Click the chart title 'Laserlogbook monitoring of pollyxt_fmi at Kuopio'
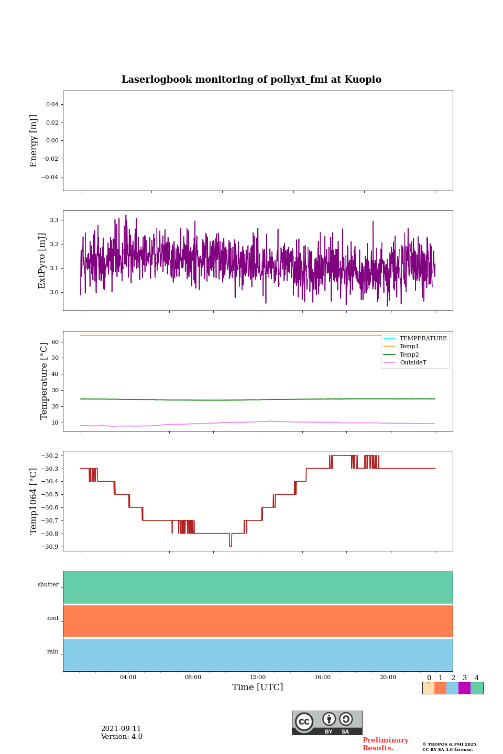coord(251,80)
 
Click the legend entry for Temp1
coord(409,347)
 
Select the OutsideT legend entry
coord(413,362)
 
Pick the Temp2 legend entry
coord(409,354)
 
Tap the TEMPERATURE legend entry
coord(423,339)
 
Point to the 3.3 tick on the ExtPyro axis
coord(54,220)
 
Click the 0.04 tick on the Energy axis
coord(52,105)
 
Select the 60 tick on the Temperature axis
coord(54,342)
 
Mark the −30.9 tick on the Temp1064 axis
coord(50,547)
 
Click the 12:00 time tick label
coord(258,677)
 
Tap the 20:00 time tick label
coord(388,677)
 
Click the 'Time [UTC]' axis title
coord(258,688)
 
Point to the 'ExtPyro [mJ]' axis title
coord(42,261)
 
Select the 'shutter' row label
coord(48,585)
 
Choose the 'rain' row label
coord(53,652)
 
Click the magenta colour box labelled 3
coord(464,688)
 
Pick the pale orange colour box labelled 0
coord(428,688)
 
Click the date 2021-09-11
coord(121,729)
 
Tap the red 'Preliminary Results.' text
coord(385,744)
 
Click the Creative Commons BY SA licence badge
coord(327,723)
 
